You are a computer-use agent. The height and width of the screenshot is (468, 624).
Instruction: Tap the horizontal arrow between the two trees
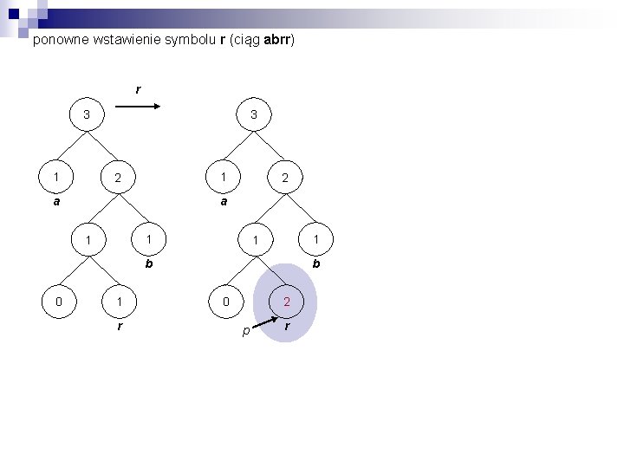tap(136, 107)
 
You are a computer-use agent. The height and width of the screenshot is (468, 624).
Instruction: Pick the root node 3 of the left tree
tap(86, 115)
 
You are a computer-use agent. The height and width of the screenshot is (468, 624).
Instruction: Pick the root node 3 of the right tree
tap(253, 115)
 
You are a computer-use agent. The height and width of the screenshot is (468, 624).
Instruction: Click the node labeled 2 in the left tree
tap(120, 179)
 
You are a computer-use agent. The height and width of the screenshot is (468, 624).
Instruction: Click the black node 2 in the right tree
tap(285, 179)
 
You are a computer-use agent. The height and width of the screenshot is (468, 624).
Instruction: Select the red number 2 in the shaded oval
tap(287, 302)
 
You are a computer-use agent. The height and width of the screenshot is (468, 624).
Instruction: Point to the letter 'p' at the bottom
tap(246, 331)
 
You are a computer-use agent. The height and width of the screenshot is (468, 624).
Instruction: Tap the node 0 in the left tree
tap(58, 302)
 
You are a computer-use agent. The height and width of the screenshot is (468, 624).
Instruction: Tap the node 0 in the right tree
tap(224, 302)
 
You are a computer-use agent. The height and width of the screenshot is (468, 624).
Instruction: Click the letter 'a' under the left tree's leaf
tap(55, 201)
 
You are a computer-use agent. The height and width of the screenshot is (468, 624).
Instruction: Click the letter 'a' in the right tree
tap(223, 201)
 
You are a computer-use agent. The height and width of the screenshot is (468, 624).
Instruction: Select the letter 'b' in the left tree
tap(148, 263)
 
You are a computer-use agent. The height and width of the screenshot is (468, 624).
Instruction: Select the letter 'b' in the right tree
tap(316, 263)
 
